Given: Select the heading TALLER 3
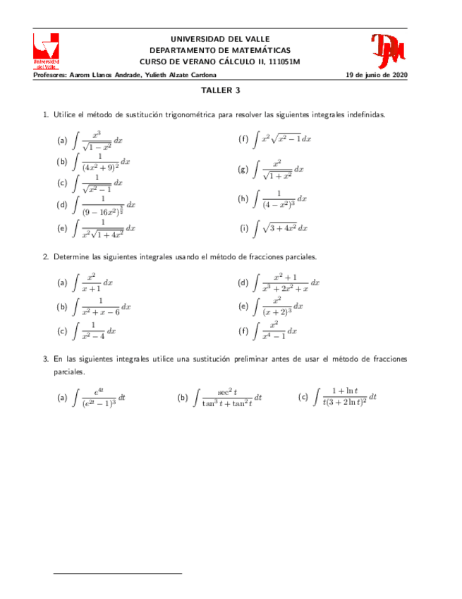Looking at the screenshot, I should [221, 90].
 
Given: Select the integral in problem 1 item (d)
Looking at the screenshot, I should [104, 205].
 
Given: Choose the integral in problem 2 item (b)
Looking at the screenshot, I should [102, 307].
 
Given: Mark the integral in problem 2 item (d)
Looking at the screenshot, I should [286, 283].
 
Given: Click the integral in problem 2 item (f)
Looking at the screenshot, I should [275, 330].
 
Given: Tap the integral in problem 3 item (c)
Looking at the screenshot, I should [346, 397].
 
